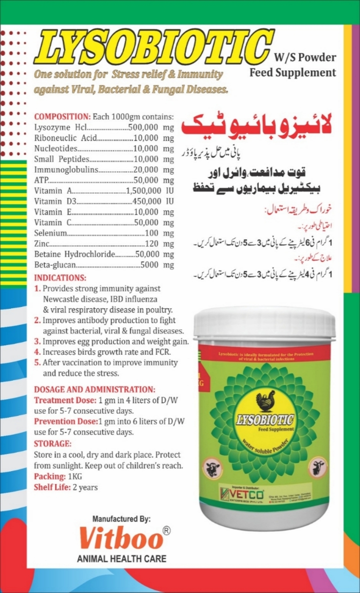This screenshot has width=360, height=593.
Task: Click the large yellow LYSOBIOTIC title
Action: [x=152, y=47]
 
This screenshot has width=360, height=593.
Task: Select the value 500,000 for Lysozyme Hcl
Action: [x=143, y=127]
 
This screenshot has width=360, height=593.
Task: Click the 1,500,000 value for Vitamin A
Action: [x=143, y=191]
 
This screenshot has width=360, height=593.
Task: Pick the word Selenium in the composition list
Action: [x=50, y=233]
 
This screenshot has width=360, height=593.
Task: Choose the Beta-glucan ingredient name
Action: [x=55, y=265]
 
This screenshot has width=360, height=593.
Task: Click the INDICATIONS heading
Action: [x=60, y=278]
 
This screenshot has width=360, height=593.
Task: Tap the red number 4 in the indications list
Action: [x=37, y=352]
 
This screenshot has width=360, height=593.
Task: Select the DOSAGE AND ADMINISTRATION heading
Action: [x=95, y=390]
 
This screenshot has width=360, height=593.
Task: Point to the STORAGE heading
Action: [x=52, y=444]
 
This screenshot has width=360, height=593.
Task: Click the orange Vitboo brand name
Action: [x=121, y=538]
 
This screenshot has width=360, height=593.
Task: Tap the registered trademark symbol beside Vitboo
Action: [x=167, y=531]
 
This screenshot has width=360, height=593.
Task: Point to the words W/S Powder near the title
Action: [x=305, y=57]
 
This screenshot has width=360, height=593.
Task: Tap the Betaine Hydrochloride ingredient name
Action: [x=75, y=254]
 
